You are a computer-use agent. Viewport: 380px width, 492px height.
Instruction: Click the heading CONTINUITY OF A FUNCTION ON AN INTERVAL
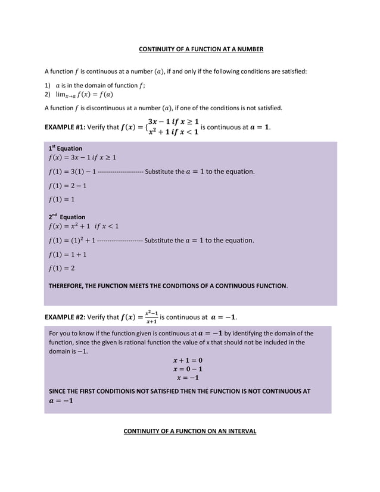(x=189, y=430)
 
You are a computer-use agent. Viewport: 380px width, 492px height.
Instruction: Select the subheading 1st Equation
(x=65, y=148)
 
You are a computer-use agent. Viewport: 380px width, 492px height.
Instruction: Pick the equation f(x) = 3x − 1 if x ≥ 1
(x=82, y=158)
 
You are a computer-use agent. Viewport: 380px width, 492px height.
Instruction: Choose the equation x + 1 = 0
(x=188, y=360)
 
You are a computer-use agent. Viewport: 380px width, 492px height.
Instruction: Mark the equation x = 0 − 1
(x=188, y=369)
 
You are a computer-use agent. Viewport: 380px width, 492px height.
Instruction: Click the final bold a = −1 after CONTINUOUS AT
(x=61, y=401)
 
